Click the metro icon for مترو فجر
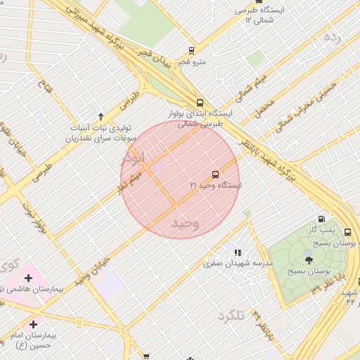tap(191, 50)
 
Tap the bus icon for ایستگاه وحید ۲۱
tap(214, 174)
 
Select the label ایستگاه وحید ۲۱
tap(215, 185)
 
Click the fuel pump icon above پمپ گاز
tap(322, 219)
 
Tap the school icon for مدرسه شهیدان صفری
tap(238, 252)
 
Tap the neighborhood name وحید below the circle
tap(186, 223)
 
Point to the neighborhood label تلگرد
tap(231, 316)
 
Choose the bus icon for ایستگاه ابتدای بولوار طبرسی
tap(200, 101)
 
